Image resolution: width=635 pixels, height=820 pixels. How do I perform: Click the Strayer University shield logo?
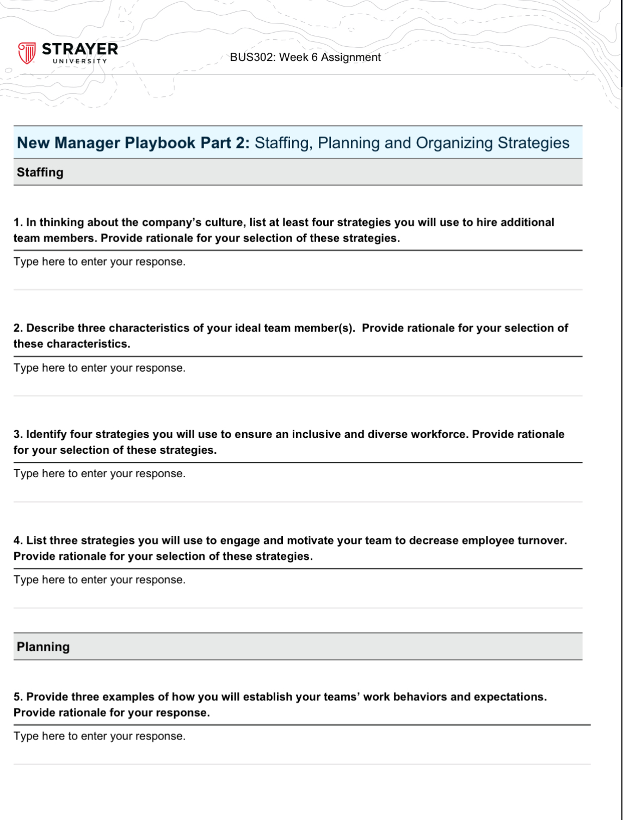pyautogui.click(x=27, y=53)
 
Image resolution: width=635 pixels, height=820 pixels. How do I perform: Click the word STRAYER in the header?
pyautogui.click(x=80, y=49)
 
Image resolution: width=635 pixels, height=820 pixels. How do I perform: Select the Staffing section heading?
pyautogui.click(x=40, y=172)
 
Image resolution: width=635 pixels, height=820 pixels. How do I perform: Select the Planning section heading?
pyautogui.click(x=44, y=647)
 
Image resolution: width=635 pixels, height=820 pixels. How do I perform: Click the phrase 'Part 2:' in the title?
pyautogui.click(x=225, y=143)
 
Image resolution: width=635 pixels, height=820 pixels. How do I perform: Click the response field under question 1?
pyautogui.click(x=100, y=262)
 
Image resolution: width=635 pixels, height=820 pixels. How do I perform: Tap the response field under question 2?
pyautogui.click(x=100, y=368)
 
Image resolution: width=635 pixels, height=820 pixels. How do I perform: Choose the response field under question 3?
pyautogui.click(x=100, y=474)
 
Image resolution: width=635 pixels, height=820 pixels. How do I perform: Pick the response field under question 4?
pyautogui.click(x=100, y=580)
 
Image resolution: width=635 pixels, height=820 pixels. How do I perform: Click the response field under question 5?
pyautogui.click(x=100, y=736)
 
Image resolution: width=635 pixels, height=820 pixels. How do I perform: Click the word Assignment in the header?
pyautogui.click(x=351, y=57)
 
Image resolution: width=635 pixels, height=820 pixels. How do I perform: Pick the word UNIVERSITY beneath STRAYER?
pyautogui.click(x=80, y=61)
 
